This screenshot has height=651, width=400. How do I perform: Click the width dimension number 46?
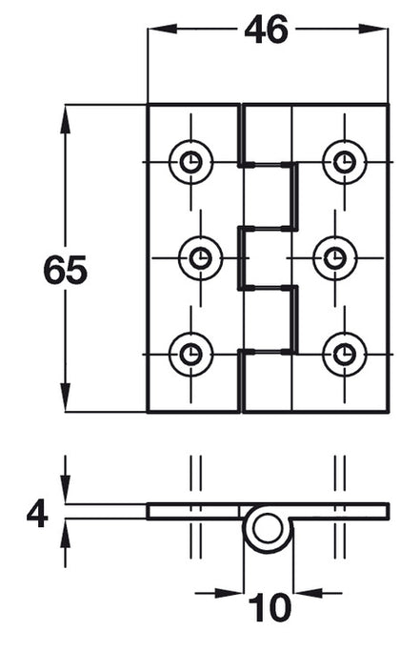tap(266, 31)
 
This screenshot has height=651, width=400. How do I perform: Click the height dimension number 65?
tap(65, 272)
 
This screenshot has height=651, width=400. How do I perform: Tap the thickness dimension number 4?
tap(36, 515)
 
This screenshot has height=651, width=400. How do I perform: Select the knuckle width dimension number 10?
tap(269, 607)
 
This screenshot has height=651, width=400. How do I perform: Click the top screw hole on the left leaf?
tap(190, 162)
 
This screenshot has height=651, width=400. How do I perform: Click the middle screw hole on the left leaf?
tap(200, 257)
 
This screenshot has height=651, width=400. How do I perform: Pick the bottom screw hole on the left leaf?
tap(190, 355)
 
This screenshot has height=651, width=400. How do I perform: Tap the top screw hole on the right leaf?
tap(343, 162)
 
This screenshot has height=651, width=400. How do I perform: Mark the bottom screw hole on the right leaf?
tap(343, 355)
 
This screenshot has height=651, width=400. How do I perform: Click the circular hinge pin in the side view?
tap(268, 529)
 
